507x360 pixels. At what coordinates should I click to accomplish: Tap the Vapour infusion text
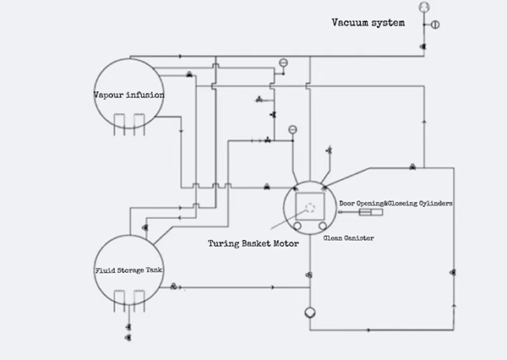[128, 95]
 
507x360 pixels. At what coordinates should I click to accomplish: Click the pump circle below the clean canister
[310, 313]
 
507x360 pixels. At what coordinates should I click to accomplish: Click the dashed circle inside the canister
[311, 207]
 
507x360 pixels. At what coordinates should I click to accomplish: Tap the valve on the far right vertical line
[454, 273]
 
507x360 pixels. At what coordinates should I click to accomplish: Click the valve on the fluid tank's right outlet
[173, 286]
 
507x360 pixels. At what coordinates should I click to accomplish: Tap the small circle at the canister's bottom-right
[324, 226]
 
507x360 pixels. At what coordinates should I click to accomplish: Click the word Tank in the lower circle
[155, 271]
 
